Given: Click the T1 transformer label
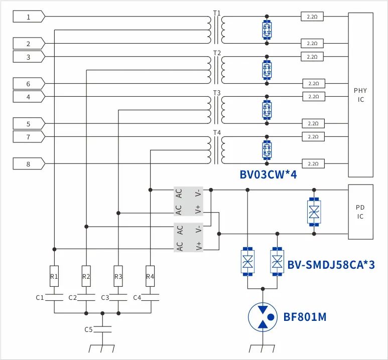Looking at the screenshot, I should tap(217, 12).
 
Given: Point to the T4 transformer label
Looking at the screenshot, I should tap(217, 132).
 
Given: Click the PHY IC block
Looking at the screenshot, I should tap(360, 95).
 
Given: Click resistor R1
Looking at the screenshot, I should tap(54, 276).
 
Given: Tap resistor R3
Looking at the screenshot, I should tap(118, 276).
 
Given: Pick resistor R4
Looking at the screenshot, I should tap(150, 276).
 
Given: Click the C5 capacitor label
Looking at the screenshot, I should tap(88, 329).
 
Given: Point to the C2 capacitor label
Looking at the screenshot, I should tap(72, 298).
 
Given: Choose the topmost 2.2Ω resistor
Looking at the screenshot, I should tap(311, 17).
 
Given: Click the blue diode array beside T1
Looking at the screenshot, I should tap(267, 30).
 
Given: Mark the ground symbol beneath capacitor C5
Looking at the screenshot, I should tap(102, 348).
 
